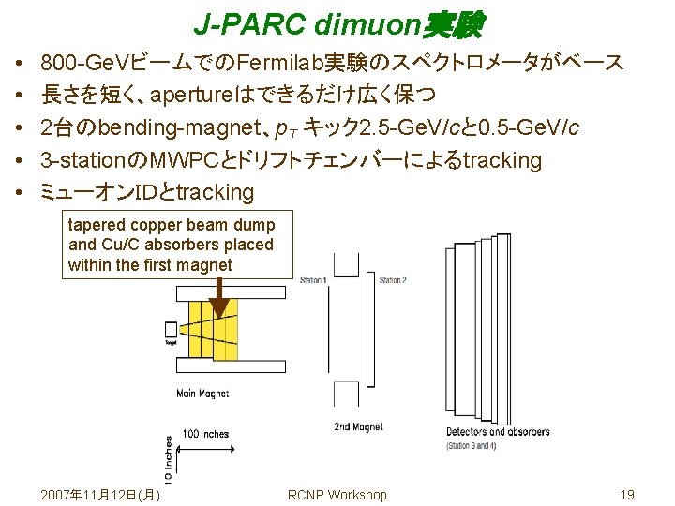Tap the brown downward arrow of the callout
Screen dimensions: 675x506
click(219, 303)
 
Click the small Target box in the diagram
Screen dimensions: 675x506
click(171, 330)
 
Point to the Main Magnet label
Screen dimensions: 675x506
click(202, 394)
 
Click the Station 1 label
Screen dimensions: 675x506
click(313, 280)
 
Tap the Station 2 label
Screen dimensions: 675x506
click(393, 280)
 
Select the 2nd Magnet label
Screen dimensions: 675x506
click(358, 427)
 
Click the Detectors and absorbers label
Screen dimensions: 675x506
click(498, 431)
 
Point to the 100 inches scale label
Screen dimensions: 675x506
click(205, 434)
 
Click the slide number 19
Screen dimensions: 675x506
click(628, 494)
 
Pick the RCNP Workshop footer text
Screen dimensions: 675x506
click(337, 494)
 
